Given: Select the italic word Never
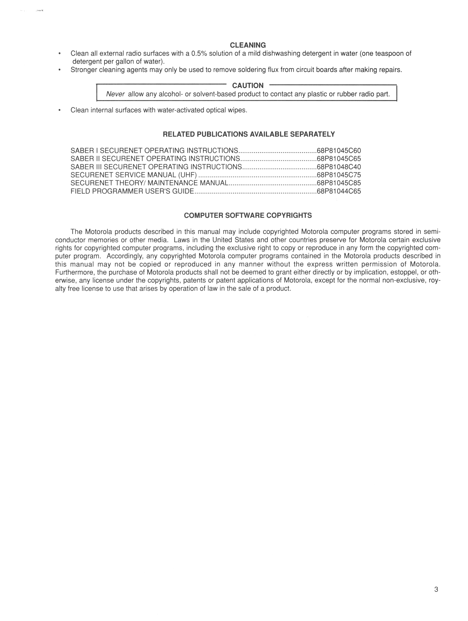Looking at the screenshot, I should [115, 94].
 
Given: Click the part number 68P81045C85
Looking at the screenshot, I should [339, 183].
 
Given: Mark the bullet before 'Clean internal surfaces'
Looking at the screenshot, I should [59, 110].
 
